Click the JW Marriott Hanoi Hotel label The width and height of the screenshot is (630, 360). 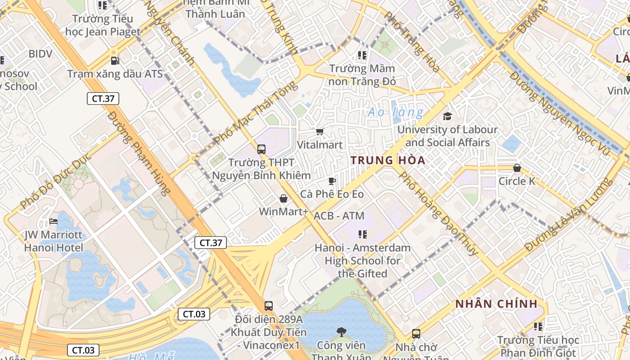pyautogui.click(x=54, y=241)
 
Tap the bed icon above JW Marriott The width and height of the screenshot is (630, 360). pyautogui.click(x=54, y=221)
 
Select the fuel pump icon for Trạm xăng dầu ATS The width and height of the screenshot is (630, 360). pyautogui.click(x=115, y=60)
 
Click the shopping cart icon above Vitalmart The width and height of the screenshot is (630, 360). pyautogui.click(x=319, y=132)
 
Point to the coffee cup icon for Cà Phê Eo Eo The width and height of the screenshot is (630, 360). pyautogui.click(x=332, y=181)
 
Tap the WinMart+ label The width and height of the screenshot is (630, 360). pyautogui.click(x=283, y=211)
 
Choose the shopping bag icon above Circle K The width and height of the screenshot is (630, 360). pyautogui.click(x=517, y=168)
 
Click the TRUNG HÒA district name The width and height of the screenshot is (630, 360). pyautogui.click(x=388, y=160)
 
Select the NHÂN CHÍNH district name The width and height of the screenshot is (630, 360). pyautogui.click(x=496, y=304)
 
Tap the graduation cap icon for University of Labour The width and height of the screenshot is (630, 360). pyautogui.click(x=447, y=117)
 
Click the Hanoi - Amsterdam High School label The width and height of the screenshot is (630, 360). pyautogui.click(x=362, y=261)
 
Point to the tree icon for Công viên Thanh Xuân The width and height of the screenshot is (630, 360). pyautogui.click(x=342, y=332)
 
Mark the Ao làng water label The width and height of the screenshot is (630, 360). pyautogui.click(x=396, y=112)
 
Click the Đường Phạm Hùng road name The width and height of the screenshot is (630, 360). pyautogui.click(x=139, y=153)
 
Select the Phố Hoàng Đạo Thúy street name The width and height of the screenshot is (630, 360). pyautogui.click(x=438, y=213)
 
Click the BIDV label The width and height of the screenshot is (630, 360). pyautogui.click(x=40, y=54)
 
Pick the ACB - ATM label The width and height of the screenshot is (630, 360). pyautogui.click(x=339, y=216)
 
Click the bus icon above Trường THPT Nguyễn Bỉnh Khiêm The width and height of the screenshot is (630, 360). pyautogui.click(x=261, y=149)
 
